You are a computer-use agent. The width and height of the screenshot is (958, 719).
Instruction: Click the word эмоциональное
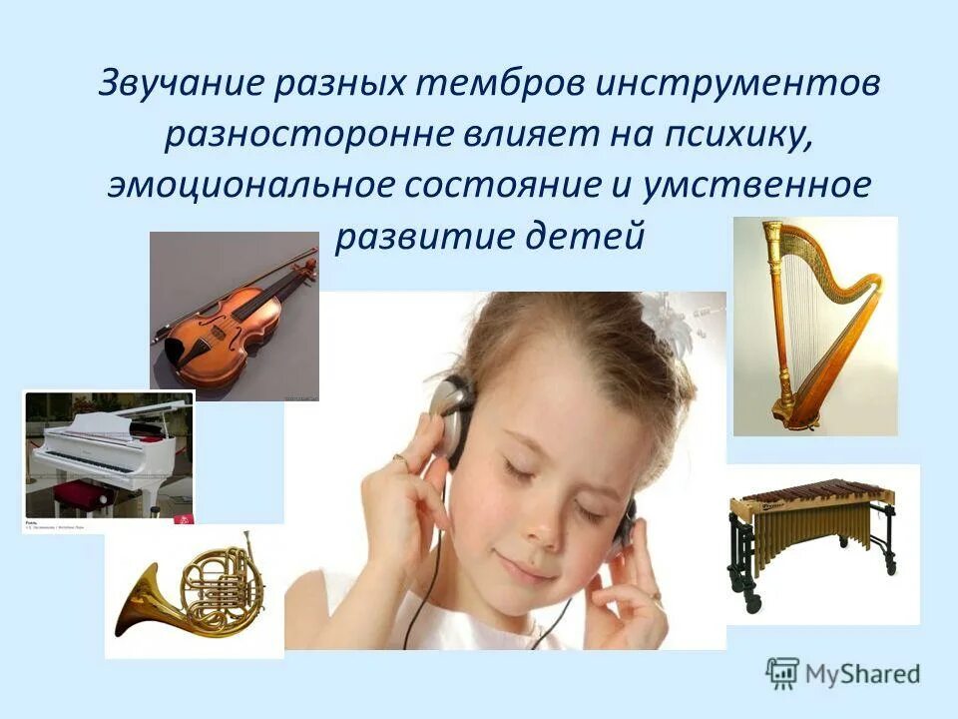point(259,187)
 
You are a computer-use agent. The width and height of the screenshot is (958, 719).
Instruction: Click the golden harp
point(814,325)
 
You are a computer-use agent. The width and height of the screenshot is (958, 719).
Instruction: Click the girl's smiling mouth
point(526,574)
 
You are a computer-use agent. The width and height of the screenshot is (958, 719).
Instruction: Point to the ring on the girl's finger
point(399,460)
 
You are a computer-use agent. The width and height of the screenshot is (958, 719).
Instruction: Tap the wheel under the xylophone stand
point(750,605)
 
